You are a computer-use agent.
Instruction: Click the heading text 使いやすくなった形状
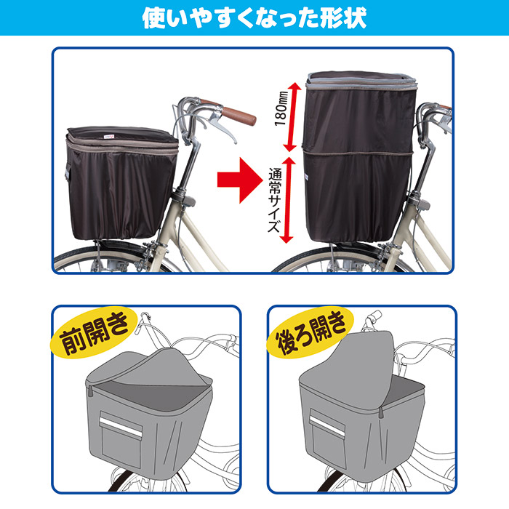[254, 17]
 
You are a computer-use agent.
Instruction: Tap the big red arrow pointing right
[239, 180]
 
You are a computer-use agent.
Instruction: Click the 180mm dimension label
[281, 109]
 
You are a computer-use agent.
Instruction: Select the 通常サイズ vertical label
[275, 200]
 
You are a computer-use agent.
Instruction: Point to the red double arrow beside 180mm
[291, 116]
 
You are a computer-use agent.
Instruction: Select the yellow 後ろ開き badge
[310, 332]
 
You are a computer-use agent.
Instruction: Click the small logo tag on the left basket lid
[109, 137]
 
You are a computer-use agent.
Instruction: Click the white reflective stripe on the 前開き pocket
[120, 427]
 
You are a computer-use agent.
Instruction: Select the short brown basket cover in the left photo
[121, 183]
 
